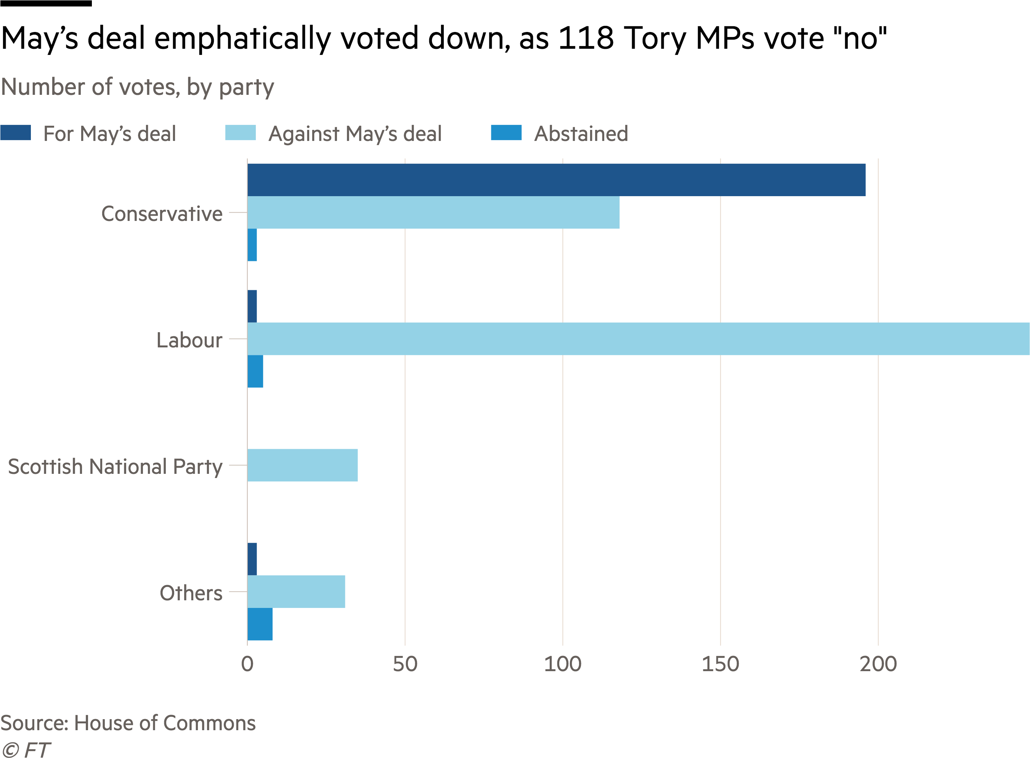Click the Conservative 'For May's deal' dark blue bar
[556, 180]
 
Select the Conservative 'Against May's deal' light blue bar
[433, 213]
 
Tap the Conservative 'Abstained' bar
[252, 245]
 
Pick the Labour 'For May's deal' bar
[252, 306]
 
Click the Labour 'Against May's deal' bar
[638, 339]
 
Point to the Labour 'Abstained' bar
[255, 371]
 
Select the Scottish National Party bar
[303, 465]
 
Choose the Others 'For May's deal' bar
[252, 559]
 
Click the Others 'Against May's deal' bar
[296, 592]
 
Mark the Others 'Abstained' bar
[260, 624]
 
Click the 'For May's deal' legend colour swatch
[16, 133]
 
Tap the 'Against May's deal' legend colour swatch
[241, 133]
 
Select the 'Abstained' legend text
[581, 134]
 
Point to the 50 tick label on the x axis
[405, 664]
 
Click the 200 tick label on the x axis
[878, 664]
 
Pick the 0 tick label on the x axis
[247, 664]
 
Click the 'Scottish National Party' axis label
[115, 467]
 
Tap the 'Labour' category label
[189, 340]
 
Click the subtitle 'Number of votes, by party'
[137, 87]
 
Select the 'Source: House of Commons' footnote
[128, 723]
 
